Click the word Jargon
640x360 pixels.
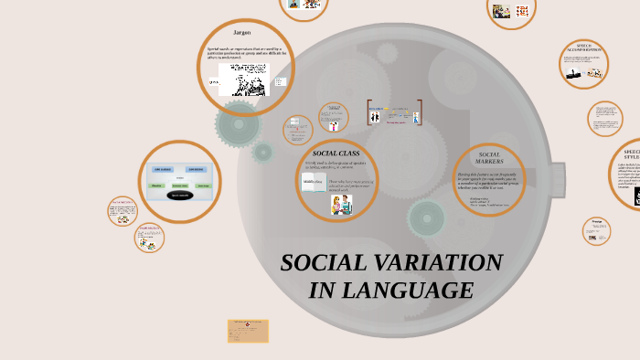pyautogui.click(x=241, y=33)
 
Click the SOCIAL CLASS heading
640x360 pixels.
pyautogui.click(x=336, y=153)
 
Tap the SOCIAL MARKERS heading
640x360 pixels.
pyautogui.click(x=490, y=157)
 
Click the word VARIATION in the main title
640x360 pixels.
pyautogui.click(x=431, y=263)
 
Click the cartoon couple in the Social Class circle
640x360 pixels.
pyautogui.click(x=342, y=206)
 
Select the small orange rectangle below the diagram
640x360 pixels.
pyautogui.click(x=248, y=330)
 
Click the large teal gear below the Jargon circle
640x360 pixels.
pyautogui.click(x=239, y=122)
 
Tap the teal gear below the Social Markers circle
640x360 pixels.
pyautogui.click(x=426, y=217)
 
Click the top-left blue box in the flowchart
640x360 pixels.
pyautogui.click(x=160, y=169)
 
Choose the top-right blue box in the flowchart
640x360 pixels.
pyautogui.click(x=196, y=169)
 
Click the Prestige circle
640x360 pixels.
pyautogui.click(x=596, y=230)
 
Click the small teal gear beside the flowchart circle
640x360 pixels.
pyautogui.click(x=263, y=153)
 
